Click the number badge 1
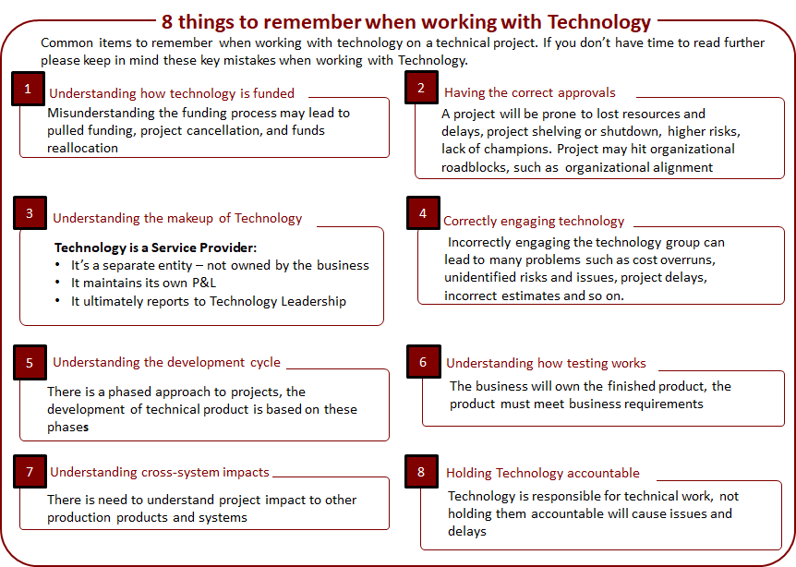click(x=29, y=89)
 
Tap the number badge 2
click(x=421, y=88)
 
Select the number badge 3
click(x=30, y=213)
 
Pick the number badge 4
click(x=423, y=213)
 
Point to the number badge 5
click(x=30, y=362)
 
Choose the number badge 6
click(x=423, y=362)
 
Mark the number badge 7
click(x=30, y=472)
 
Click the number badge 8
click(x=421, y=472)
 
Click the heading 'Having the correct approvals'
click(x=529, y=93)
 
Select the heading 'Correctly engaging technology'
click(x=534, y=222)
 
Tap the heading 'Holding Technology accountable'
click(x=543, y=473)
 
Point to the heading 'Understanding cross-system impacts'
click(x=160, y=472)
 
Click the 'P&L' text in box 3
click(x=204, y=283)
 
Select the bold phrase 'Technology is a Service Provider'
click(x=154, y=247)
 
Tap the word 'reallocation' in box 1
click(x=83, y=149)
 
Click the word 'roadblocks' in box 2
click(x=474, y=167)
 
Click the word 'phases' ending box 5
click(x=68, y=428)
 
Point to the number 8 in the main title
click(x=167, y=22)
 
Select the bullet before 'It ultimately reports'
click(x=58, y=301)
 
